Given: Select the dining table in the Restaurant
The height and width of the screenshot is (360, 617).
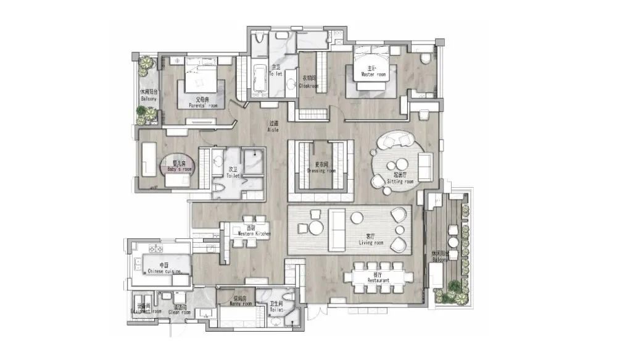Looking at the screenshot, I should (378, 276).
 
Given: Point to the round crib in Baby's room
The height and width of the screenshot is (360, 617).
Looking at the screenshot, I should (178, 167).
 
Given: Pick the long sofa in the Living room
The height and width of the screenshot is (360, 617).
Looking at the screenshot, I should (337, 229).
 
